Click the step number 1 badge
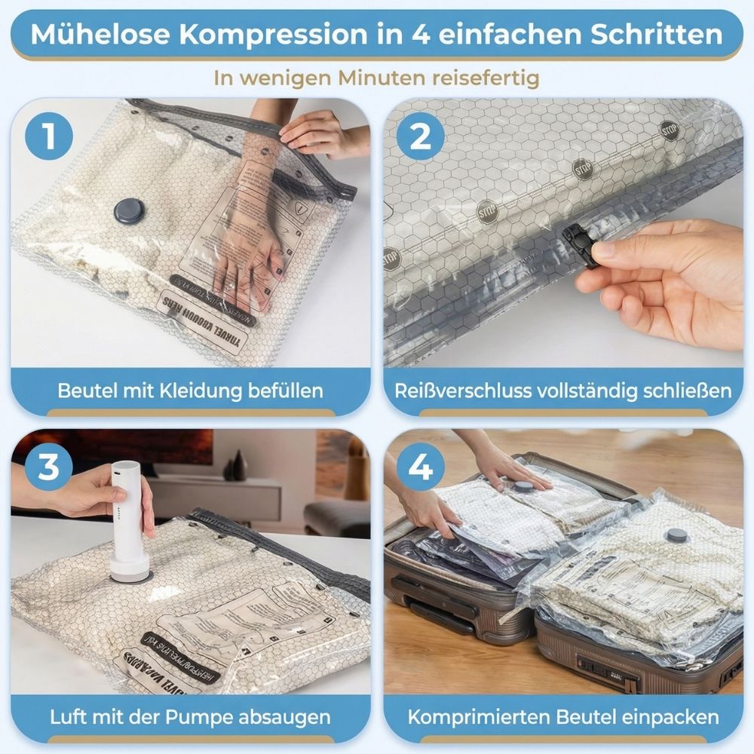click(x=49, y=136)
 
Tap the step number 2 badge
click(x=421, y=136)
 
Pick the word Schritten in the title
click(x=648, y=34)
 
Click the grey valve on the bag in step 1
click(x=128, y=210)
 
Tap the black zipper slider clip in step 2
click(x=580, y=245)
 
